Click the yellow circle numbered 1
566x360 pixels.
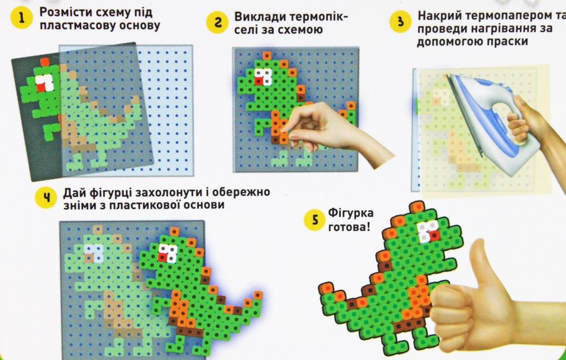22,18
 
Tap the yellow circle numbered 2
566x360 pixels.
217,22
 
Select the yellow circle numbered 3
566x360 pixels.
400,21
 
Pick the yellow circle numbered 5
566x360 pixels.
315,220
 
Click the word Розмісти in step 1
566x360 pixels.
62,12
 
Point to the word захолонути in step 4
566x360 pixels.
168,193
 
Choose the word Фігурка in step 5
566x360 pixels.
351,213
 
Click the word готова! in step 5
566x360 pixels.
349,227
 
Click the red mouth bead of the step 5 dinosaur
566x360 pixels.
434,236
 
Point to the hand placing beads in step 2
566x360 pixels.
336,132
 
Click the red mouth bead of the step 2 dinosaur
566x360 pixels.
258,81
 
